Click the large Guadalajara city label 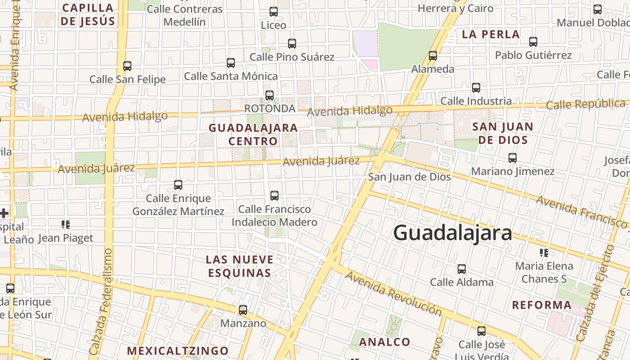453,233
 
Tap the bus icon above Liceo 274,12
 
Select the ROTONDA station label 270,108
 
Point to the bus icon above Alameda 433,56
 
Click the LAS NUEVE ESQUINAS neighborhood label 239,266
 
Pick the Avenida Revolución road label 394,293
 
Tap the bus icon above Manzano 243,310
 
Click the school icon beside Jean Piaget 66,225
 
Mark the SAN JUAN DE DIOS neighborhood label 503,133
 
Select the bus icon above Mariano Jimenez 512,158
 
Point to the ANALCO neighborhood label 385,342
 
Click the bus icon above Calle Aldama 462,269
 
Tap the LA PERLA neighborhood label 491,34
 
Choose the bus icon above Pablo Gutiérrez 533,42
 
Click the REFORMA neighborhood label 542,305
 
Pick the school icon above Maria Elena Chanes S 544,253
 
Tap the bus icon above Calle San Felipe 127,66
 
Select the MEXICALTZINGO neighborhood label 178,351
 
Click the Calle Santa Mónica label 231,76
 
